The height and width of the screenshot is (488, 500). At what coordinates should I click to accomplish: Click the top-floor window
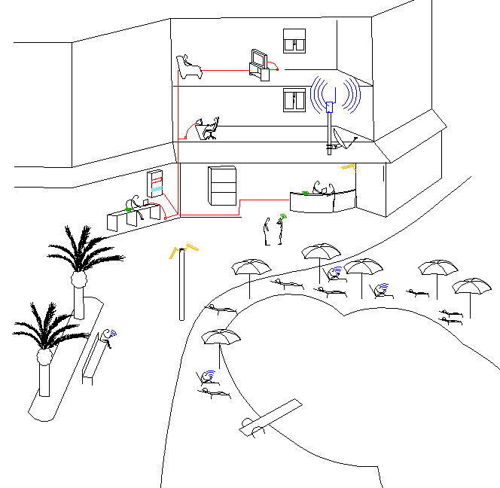pos(294,41)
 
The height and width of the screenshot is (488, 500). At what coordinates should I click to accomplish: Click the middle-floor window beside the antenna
pos(294,99)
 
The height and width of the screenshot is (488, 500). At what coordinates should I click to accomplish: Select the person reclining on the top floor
pos(188,69)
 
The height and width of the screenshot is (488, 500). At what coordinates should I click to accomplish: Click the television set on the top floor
pos(260,59)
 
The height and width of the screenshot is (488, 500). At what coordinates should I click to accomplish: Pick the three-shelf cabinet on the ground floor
pos(221,185)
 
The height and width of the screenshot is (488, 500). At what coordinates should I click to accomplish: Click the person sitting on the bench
pos(106,340)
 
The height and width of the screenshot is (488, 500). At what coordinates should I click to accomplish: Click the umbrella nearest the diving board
pos(221,337)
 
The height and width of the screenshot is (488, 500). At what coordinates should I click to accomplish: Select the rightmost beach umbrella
pos(471,287)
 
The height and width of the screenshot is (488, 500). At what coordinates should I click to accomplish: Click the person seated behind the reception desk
pos(320,188)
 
